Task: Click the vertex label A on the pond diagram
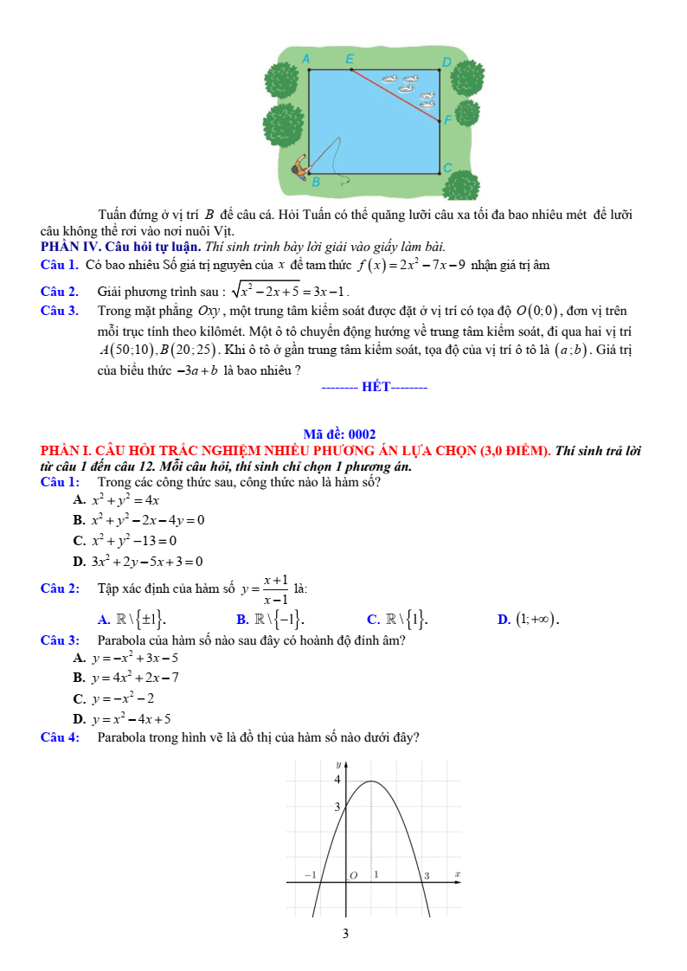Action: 305,58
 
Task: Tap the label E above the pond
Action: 350,59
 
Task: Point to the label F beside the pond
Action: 447,120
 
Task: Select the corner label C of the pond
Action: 447,166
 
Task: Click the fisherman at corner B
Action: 301,165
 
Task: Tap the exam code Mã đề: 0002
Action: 339,434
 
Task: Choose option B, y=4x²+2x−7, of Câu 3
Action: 127,678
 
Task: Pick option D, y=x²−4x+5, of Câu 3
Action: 123,718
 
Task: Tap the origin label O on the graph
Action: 352,876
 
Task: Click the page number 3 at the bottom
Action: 344,934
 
